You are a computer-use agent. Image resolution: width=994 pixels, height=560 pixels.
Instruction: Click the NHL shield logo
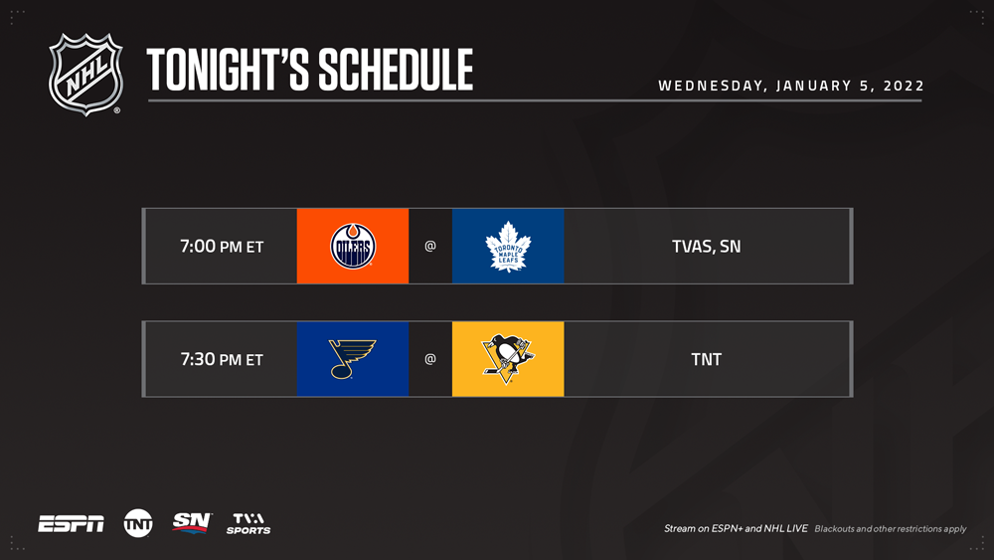point(85,75)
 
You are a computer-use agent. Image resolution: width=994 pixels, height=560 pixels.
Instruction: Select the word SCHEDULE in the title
point(396,69)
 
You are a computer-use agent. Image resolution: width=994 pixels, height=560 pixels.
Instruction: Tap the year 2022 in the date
point(904,86)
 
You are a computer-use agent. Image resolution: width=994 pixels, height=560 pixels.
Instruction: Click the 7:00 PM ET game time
point(222,246)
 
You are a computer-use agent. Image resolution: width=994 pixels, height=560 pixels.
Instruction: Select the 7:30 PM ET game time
point(222,359)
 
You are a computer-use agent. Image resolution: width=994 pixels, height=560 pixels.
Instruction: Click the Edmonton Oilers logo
point(353,246)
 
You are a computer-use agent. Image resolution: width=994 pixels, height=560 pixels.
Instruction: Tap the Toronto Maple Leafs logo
point(508,246)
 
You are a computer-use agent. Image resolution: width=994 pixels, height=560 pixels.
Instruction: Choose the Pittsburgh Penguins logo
point(508,359)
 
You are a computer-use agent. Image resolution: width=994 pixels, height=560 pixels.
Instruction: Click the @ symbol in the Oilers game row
point(430,246)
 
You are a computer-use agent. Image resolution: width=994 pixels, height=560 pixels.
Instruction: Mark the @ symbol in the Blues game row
point(430,359)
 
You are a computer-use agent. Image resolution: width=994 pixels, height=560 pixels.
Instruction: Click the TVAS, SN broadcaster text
point(706,246)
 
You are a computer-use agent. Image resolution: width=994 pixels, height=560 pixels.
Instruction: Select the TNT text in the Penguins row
point(706,359)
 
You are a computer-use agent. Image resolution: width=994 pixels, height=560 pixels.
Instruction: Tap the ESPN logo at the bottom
point(71,524)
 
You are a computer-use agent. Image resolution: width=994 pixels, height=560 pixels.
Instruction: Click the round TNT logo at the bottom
point(138,523)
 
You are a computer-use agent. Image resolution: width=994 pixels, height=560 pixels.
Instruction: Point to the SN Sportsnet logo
point(192,522)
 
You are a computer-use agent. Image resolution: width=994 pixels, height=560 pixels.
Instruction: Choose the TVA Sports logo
point(248,524)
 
